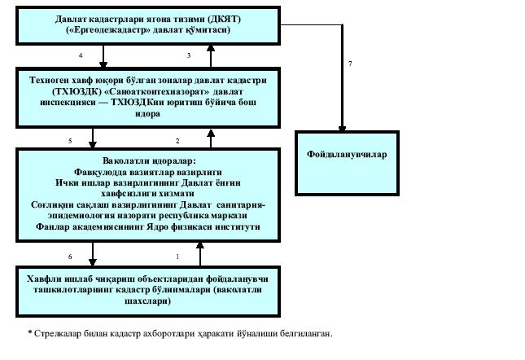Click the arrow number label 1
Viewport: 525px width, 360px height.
pos(177,257)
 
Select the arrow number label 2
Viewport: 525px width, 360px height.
pos(177,141)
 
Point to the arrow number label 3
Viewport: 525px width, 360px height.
pos(188,55)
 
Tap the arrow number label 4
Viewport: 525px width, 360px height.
pos(81,55)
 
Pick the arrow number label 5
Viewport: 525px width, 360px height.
pos(70,141)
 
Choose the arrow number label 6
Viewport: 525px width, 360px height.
pos(70,257)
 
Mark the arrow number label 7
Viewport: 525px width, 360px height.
pos(349,63)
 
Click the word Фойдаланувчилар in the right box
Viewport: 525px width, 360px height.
pos(346,154)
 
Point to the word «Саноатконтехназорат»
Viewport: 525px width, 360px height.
pos(169,92)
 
